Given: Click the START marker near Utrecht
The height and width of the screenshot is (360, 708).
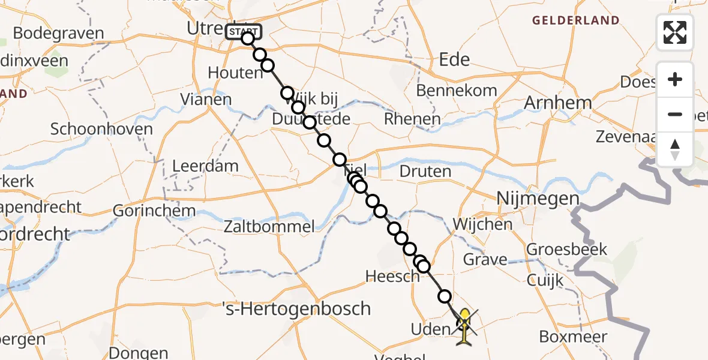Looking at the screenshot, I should [243, 31].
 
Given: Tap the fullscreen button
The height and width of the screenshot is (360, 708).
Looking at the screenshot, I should [675, 32].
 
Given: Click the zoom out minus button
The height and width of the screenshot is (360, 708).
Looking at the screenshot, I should [675, 114].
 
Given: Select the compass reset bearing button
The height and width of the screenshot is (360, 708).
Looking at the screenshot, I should [675, 149].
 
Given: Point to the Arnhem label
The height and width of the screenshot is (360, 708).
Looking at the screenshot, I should [558, 103].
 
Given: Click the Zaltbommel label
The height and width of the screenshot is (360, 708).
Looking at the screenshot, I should [269, 226].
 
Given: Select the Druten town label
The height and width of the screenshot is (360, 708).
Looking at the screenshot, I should [425, 172].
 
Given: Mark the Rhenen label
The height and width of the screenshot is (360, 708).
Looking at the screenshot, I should [412, 119].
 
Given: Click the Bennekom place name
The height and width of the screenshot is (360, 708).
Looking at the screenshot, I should [457, 91].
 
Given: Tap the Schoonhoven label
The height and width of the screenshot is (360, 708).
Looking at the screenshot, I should [101, 129].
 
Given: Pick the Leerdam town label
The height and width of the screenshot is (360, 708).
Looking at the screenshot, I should [205, 166].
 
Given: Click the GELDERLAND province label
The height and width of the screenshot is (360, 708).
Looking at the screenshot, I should [575, 20].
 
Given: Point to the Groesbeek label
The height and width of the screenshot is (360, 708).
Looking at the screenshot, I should [566, 249].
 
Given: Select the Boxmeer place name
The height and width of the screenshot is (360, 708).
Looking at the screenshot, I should [573, 337].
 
